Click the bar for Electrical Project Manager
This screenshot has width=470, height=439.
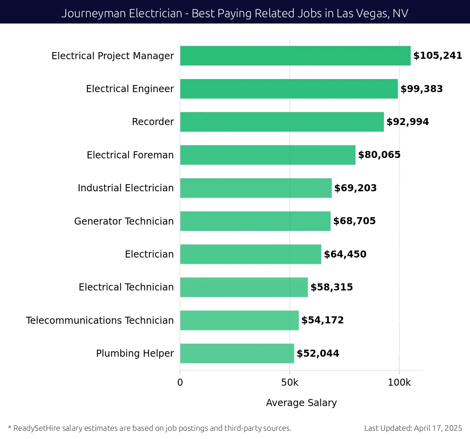295,56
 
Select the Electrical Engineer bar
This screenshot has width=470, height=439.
289,89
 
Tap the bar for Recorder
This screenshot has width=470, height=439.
282,122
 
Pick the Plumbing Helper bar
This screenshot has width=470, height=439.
237,354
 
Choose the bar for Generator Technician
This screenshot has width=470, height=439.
255,221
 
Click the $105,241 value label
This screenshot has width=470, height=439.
437,56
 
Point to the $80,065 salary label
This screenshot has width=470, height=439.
379,155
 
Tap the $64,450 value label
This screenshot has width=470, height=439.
345,254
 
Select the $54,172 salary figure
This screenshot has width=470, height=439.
322,320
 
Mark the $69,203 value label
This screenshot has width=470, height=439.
355,188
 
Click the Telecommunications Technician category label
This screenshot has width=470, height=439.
99,321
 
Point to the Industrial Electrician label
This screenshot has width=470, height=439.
125,188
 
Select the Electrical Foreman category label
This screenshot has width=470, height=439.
130,155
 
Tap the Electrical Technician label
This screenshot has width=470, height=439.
126,287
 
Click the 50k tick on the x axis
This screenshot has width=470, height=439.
289,383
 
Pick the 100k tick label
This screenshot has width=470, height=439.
399,383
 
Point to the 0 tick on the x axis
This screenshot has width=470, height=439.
180,383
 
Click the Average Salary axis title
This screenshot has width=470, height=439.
301,403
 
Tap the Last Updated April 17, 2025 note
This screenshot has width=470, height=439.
413,428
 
